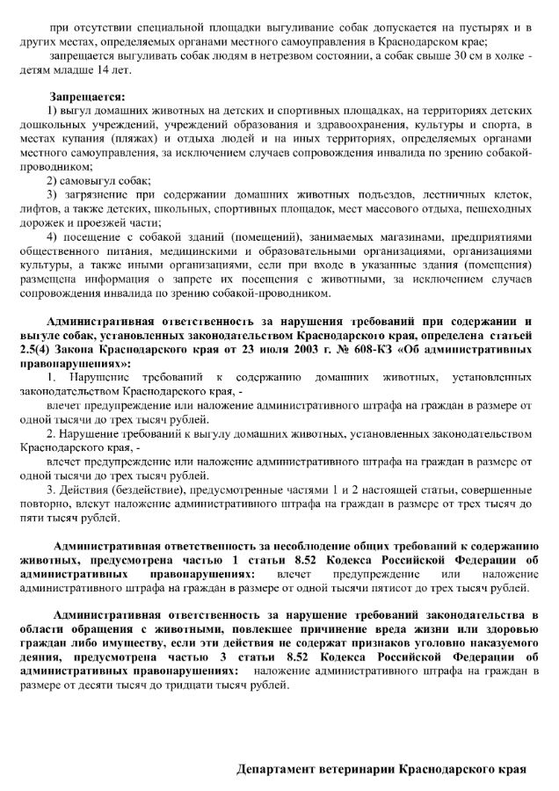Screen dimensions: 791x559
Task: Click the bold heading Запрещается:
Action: [88, 95]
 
